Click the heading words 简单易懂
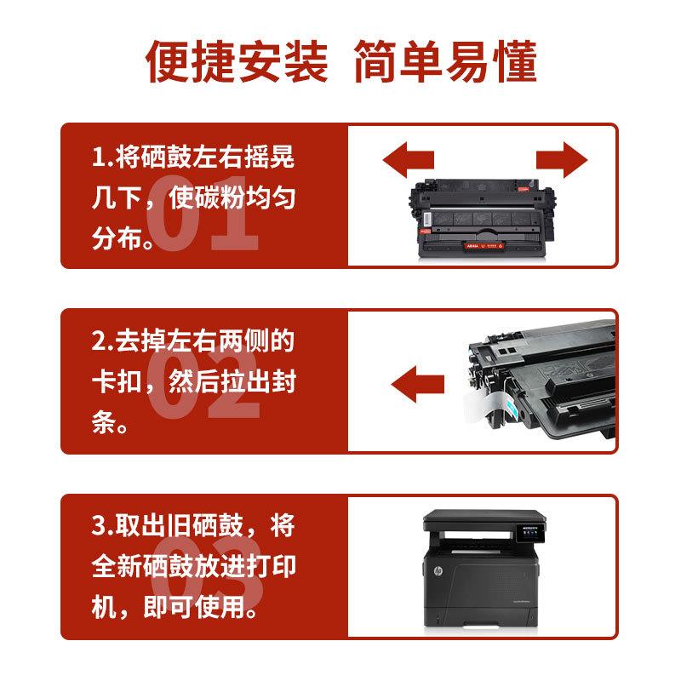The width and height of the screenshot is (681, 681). click(444, 61)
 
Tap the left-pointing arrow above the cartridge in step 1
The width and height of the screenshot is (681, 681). click(409, 159)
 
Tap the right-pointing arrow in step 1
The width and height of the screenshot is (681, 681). click(562, 159)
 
